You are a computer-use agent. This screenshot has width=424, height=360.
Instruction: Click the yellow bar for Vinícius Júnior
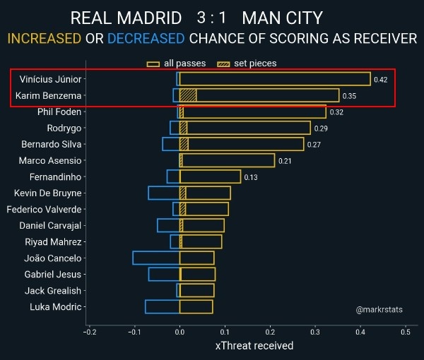(274, 79)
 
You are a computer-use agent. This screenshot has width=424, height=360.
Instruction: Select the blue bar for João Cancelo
(156, 258)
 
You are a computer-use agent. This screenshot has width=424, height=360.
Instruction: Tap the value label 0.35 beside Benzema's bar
(349, 96)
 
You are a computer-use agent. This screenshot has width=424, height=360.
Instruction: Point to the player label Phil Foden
(59, 112)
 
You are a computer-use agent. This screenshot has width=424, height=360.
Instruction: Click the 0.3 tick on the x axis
(315, 332)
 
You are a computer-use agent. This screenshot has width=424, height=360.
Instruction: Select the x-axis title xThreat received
(254, 346)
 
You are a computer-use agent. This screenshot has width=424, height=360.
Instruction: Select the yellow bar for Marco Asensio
(228, 160)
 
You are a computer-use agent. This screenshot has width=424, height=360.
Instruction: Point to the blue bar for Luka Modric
(163, 306)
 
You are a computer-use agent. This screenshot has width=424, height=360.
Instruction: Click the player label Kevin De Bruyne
(48, 193)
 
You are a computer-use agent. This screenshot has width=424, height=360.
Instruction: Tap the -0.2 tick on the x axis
(90, 332)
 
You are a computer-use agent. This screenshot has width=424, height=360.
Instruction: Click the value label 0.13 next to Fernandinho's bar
(251, 177)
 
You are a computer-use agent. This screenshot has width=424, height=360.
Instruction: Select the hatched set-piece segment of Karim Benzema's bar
(188, 95)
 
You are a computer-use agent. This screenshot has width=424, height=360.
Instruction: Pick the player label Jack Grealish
(53, 290)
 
